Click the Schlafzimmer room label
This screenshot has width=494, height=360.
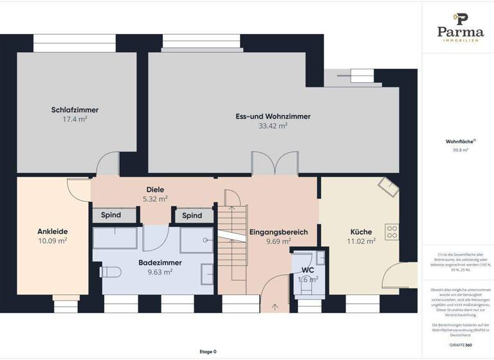(75, 110)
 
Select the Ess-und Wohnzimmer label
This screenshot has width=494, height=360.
(273, 116)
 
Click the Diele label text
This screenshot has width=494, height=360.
(155, 190)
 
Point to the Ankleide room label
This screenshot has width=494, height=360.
(53, 231)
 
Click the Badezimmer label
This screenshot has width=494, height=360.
(160, 262)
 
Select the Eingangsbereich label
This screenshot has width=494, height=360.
(278, 232)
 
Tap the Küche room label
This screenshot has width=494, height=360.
(361, 232)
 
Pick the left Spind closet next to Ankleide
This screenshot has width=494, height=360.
(111, 215)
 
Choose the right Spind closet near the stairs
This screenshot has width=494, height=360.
(192, 215)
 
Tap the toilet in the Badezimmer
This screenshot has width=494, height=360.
(110, 272)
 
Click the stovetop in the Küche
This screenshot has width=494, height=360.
(392, 231)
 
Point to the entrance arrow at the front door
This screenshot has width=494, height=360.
(275, 307)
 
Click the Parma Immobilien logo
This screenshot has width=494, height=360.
(461, 26)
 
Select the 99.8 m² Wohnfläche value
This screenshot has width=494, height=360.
(461, 150)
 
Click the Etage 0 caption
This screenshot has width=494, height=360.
(208, 352)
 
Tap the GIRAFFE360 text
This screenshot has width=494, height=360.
(460, 345)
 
